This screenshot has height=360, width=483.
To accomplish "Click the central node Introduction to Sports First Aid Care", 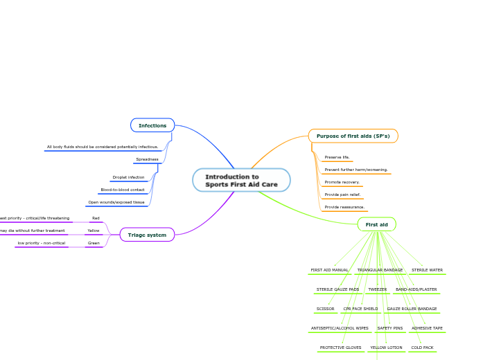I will click(x=241, y=180).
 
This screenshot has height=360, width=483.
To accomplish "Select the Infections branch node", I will click(x=152, y=125).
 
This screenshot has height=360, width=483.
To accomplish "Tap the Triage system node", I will click(x=147, y=235).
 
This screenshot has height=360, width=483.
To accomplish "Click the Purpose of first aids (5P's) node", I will click(x=353, y=136).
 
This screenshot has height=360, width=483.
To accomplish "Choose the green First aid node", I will click(x=376, y=224).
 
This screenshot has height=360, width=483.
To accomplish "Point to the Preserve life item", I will click(x=337, y=157).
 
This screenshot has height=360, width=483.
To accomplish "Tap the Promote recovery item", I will click(x=342, y=182).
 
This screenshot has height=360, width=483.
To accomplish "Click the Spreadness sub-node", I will click(x=147, y=159).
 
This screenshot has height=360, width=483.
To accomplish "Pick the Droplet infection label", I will click(x=128, y=177).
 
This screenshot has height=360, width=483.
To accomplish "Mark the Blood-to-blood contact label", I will click(x=123, y=190).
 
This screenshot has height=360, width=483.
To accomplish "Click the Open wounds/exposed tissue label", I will click(x=116, y=202).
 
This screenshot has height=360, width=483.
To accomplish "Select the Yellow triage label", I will click(x=94, y=231).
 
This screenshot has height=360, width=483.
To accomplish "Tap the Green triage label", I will click(x=94, y=243).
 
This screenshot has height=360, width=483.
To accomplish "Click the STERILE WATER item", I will click(x=427, y=270).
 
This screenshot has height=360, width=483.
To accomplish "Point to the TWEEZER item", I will click(x=377, y=289).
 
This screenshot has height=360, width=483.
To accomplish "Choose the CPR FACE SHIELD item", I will click(x=360, y=309).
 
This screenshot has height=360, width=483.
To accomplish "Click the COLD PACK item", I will click(x=422, y=348).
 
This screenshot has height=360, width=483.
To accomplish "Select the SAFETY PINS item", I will click(x=389, y=328).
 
